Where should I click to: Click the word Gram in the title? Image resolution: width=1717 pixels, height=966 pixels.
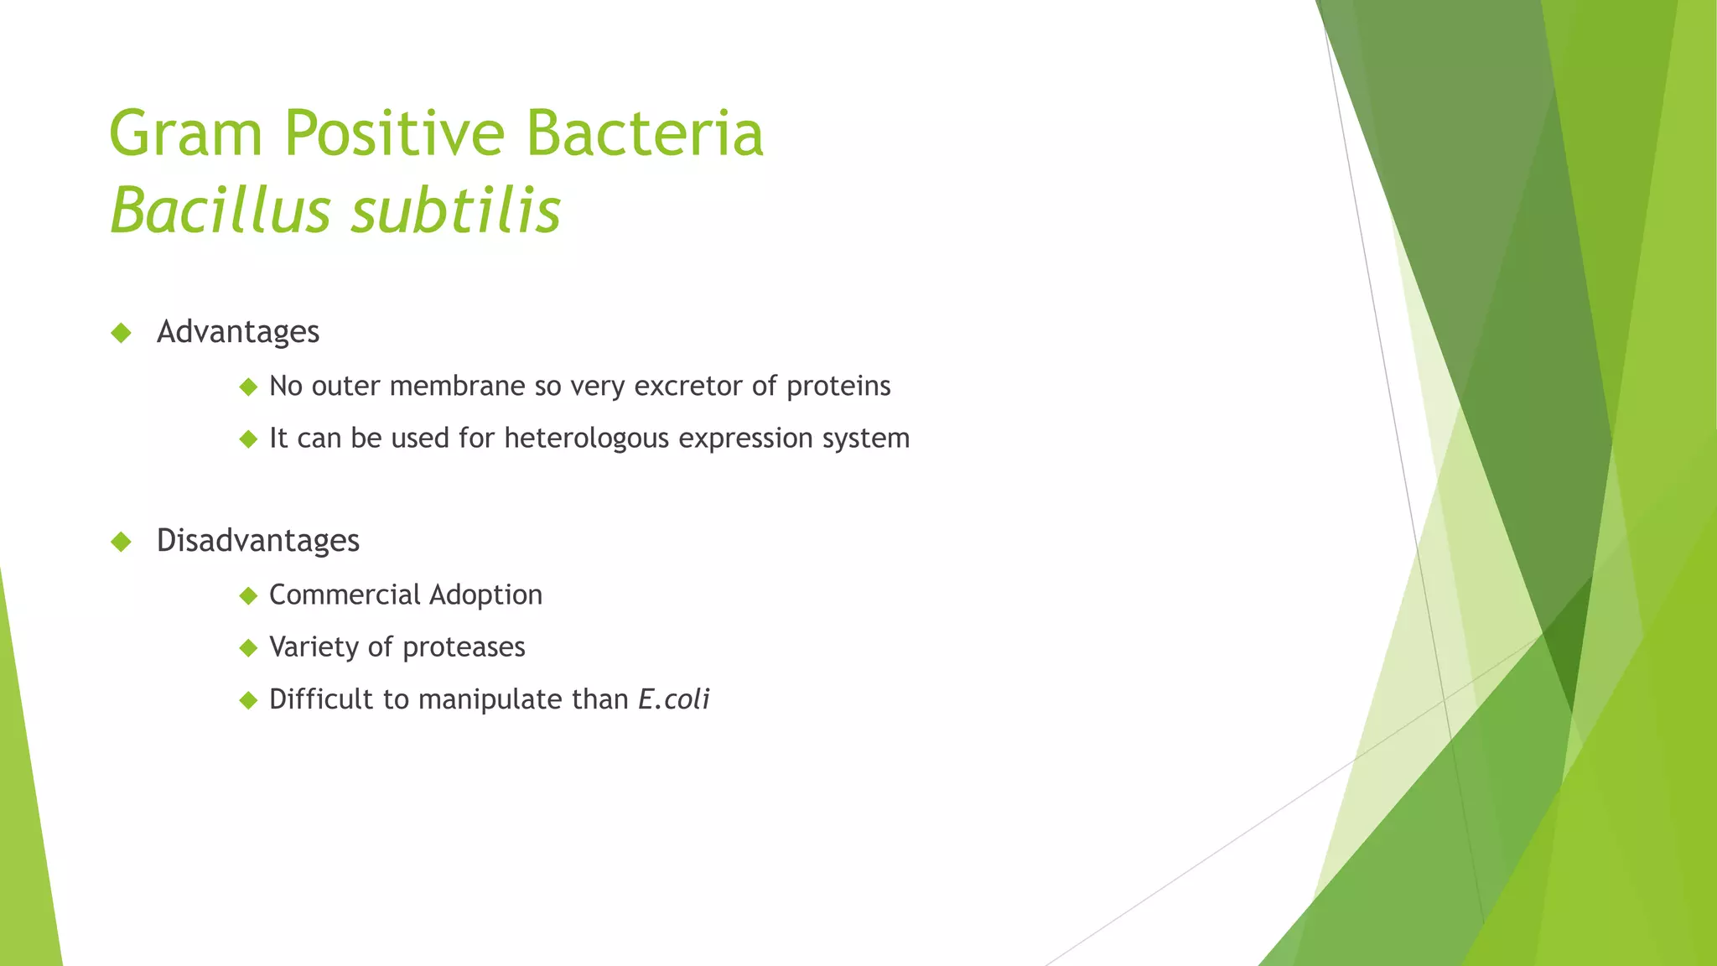coord(186,134)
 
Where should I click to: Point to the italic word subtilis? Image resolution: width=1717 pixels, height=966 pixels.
coord(456,211)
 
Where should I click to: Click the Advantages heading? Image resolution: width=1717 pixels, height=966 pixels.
coord(238,332)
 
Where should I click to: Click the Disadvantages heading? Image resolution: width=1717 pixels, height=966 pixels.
coord(258,541)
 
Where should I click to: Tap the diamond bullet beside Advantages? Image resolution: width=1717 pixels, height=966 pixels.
coord(122,333)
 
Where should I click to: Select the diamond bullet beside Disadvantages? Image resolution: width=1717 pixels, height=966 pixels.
coord(122,542)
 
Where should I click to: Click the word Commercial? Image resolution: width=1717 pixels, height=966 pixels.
coord(345,595)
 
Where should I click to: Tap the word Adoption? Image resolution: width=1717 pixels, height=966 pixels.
coord(485,595)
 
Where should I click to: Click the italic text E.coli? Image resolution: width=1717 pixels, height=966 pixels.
coord(673,699)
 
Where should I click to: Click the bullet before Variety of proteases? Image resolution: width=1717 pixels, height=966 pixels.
coord(248,648)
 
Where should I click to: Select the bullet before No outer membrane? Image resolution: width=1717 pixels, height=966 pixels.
coord(248,387)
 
